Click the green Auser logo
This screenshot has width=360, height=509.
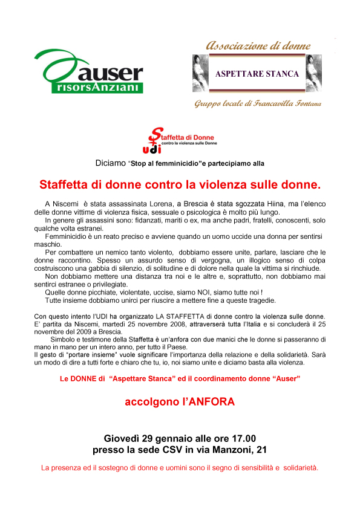pos(89,71)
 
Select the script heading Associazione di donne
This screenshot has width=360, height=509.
pos(259,45)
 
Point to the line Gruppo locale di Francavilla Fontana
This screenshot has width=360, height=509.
pos(257,104)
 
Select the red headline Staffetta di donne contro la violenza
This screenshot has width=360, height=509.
pos(180,182)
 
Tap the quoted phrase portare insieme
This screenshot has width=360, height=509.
pos(80,355)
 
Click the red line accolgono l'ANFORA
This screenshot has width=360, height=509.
pos(179,401)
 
